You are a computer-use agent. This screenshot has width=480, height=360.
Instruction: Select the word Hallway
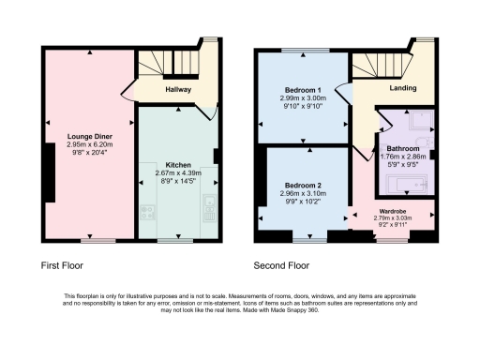[178, 90]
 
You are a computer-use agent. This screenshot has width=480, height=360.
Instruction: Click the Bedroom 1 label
[302, 90]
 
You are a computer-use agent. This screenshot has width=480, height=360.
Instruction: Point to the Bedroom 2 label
[302, 185]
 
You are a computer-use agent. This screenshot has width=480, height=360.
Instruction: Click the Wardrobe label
[392, 212]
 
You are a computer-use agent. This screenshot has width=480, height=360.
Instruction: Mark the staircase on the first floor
[171, 63]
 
